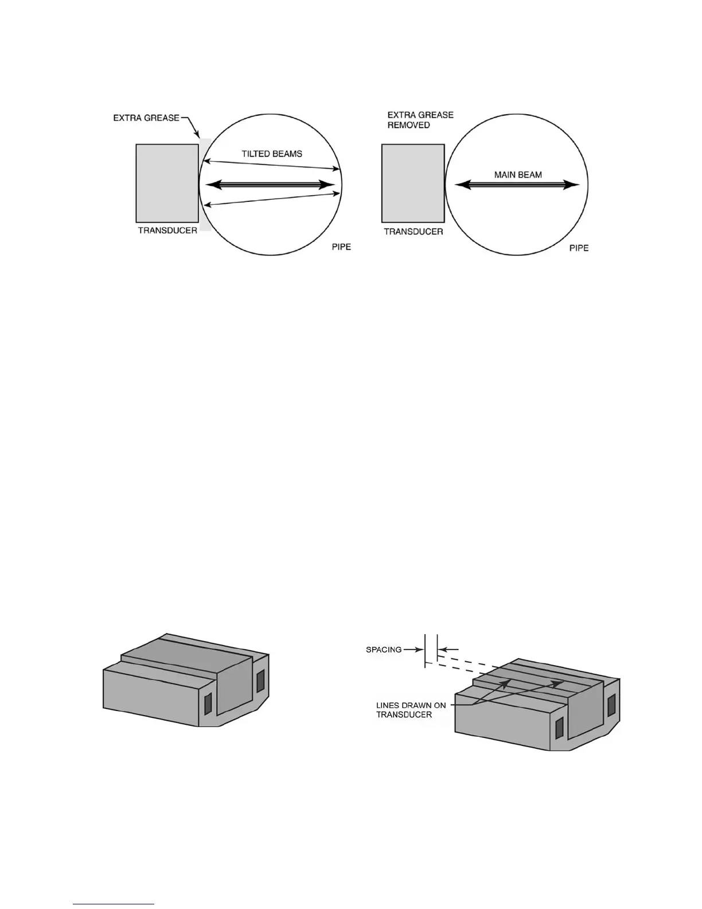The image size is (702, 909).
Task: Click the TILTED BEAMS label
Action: click(271, 154)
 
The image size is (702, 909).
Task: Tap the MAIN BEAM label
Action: click(518, 174)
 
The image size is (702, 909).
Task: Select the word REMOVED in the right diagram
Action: click(408, 125)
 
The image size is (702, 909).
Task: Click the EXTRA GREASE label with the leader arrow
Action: click(146, 118)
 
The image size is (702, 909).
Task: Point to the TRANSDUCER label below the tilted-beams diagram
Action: click(167, 231)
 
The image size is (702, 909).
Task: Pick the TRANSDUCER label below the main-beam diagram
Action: click(413, 232)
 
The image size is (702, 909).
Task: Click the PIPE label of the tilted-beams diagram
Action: click(341, 247)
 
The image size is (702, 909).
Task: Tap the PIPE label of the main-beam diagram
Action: click(579, 248)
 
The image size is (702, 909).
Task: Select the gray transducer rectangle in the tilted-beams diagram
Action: click(167, 183)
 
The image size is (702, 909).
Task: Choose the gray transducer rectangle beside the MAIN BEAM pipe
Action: click(413, 183)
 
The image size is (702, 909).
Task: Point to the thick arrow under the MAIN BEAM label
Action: click(516, 185)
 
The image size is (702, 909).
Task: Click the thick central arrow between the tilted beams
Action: click(270, 185)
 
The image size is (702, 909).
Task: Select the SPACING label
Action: click(384, 650)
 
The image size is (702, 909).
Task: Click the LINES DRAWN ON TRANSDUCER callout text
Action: click(411, 710)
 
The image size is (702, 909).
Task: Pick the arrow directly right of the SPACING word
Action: click(414, 650)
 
